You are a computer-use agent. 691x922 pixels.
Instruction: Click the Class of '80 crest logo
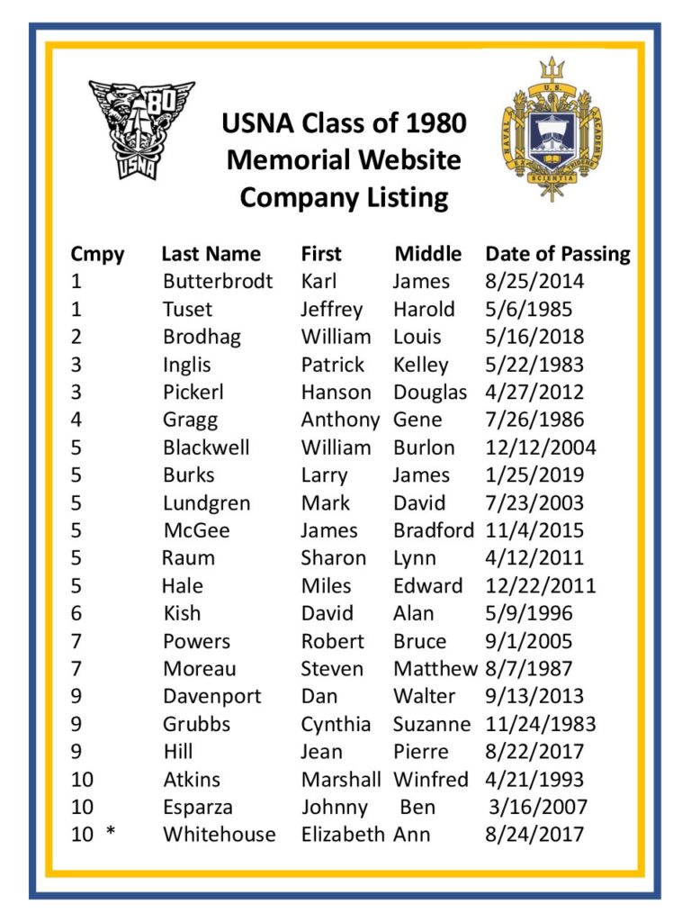click(x=140, y=128)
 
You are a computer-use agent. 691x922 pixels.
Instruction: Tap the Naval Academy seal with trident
click(x=551, y=129)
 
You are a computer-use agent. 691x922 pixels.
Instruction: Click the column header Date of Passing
click(x=558, y=254)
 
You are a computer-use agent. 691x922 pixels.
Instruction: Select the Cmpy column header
click(x=97, y=254)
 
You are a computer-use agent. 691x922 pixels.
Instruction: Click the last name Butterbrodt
click(x=218, y=281)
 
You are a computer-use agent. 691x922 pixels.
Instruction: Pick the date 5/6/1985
click(x=529, y=309)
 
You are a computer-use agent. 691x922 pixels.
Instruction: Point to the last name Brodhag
click(x=202, y=337)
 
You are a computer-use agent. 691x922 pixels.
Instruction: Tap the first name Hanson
click(x=336, y=392)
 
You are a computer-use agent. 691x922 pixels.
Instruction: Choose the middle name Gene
click(x=417, y=420)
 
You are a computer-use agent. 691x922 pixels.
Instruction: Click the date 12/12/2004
click(x=541, y=447)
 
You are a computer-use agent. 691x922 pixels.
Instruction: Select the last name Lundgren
click(x=206, y=502)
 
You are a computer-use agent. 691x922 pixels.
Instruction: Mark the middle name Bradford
click(x=433, y=530)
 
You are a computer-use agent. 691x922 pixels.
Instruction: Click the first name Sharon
click(x=333, y=557)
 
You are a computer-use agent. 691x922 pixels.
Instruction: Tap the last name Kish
click(x=182, y=613)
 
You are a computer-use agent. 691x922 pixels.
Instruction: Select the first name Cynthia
click(x=336, y=724)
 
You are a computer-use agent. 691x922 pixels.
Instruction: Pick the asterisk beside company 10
click(x=111, y=834)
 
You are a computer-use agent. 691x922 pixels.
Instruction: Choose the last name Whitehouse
click(x=219, y=834)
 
